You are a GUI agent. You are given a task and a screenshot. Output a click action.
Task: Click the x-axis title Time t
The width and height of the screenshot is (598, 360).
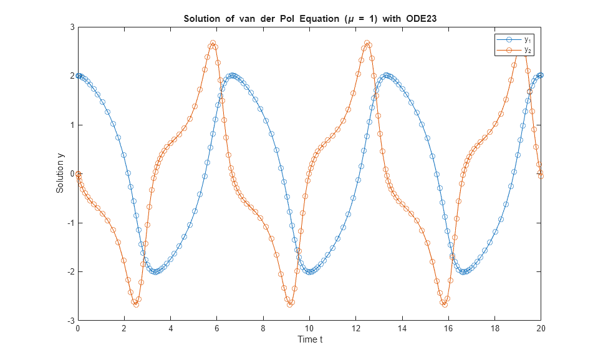pos(309,339)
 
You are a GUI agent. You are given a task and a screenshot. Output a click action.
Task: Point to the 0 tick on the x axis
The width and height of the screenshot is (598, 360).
pos(77,328)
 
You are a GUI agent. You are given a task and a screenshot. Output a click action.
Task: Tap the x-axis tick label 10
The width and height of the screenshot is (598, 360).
pos(309,328)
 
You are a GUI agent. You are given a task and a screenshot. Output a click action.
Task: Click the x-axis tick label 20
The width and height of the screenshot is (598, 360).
pos(541,328)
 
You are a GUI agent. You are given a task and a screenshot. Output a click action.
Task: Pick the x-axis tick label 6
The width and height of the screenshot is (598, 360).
pos(216,328)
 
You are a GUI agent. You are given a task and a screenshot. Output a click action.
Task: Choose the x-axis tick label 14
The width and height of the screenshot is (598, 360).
pos(402,328)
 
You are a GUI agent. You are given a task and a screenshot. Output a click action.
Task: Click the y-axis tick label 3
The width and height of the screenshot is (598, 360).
pos(72,27)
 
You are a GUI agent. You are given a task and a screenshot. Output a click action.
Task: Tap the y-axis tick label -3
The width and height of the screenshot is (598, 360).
pos(70,320)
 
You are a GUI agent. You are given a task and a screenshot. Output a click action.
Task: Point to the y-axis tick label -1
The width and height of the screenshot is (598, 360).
pos(70,223)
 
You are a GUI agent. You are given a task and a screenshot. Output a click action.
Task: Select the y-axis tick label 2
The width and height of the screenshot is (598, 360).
pos(72,76)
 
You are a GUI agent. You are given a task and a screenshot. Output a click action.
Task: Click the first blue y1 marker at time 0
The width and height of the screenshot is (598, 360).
pos(78,75)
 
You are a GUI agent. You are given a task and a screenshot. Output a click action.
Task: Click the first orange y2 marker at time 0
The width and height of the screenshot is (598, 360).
pos(78,174)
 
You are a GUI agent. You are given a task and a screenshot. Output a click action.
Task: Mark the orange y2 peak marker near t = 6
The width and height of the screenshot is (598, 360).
pos(213,43)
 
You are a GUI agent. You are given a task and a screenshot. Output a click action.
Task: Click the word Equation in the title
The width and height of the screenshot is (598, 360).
pos(313,18)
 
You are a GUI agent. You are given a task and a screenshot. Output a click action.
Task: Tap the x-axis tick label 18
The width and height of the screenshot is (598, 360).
pos(494,328)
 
